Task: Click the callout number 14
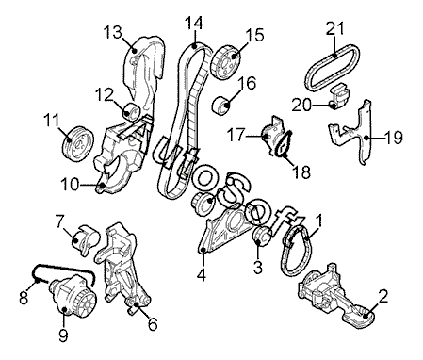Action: (x=194, y=23)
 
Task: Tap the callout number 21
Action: (x=334, y=28)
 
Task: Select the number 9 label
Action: (x=63, y=335)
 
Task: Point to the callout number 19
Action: (x=394, y=138)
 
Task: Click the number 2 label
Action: (x=383, y=296)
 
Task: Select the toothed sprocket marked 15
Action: (x=226, y=61)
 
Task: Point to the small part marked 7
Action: (x=84, y=240)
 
